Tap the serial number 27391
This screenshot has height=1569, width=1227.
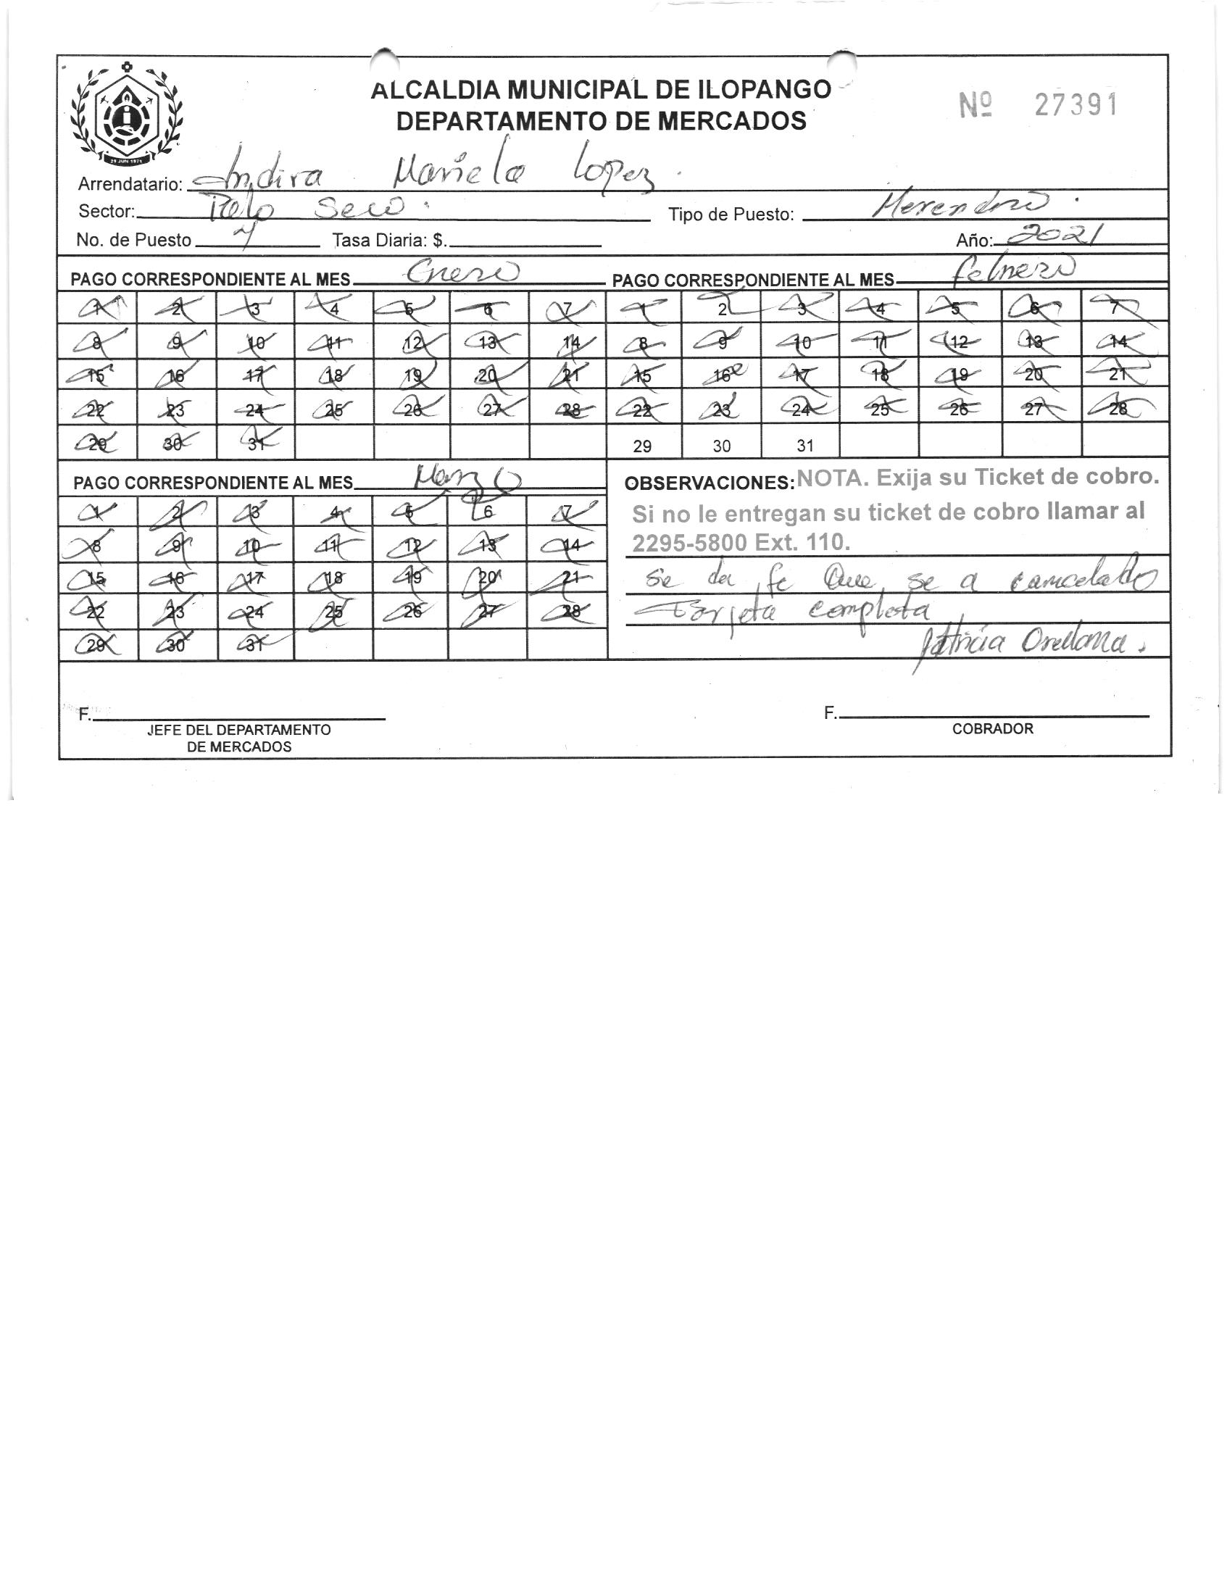tap(1076, 106)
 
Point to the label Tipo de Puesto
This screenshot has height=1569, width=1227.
tap(731, 215)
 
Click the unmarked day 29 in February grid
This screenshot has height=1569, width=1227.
tap(642, 446)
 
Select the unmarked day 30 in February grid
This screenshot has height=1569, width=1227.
tap(721, 446)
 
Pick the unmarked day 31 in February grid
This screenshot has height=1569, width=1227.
tap(805, 446)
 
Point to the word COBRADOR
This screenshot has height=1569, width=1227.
tap(992, 729)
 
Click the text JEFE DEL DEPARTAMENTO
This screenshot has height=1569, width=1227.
tap(238, 730)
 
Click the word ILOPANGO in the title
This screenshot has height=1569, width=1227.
tap(764, 90)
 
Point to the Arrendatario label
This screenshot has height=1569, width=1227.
tap(130, 184)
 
